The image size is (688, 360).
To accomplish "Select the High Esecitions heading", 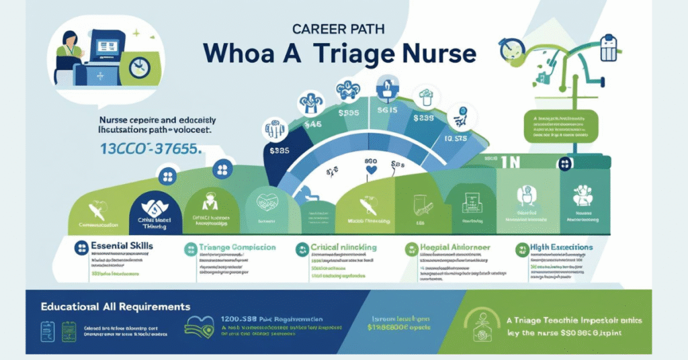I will click(561, 248).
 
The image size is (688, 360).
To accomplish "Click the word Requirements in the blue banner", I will click(152, 306).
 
